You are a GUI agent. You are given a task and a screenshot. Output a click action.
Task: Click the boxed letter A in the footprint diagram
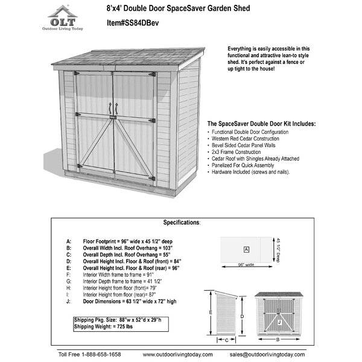coord(246,249)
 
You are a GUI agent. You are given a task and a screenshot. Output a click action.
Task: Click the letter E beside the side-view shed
coord(209,312)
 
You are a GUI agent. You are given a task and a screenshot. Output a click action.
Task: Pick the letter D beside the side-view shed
coord(241,315)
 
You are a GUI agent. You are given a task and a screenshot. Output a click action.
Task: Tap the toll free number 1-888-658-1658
coord(90,354)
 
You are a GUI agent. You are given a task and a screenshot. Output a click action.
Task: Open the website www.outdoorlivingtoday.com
coord(178,354)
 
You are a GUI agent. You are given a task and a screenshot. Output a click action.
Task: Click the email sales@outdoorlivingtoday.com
coord(271,354)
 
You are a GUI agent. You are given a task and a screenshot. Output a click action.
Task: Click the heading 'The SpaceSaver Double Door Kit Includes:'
coord(261,124)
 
